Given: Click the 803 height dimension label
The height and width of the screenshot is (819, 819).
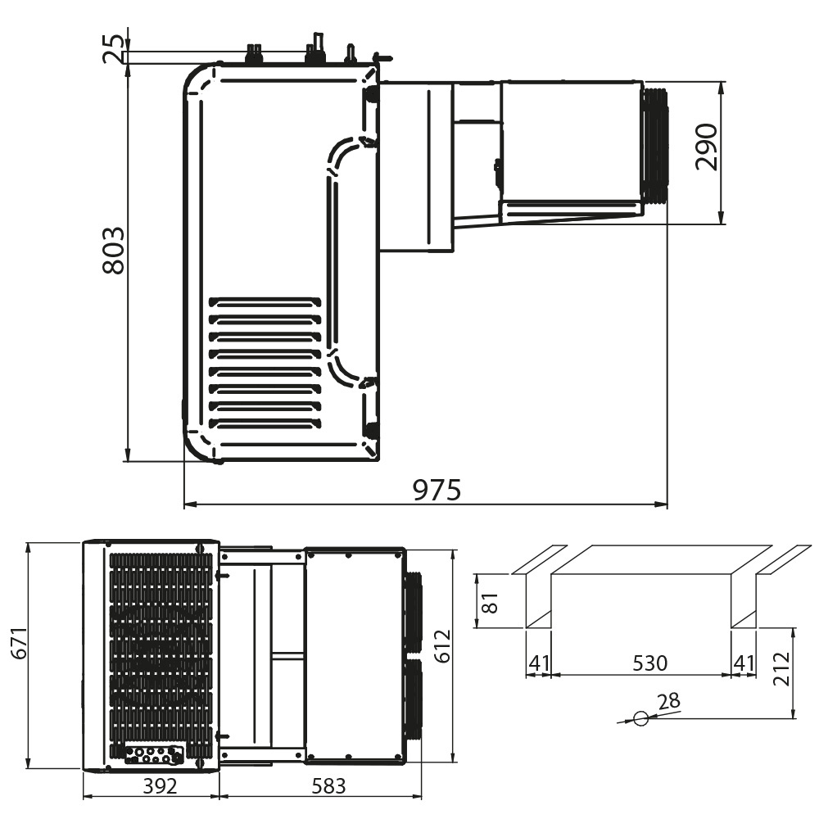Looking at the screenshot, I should coord(114,251).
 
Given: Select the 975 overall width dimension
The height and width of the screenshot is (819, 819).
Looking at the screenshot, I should coord(437,490).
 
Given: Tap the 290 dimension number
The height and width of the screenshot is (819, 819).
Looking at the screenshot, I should coord(705,147).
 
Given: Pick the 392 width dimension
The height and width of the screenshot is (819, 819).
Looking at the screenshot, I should coord(160,786).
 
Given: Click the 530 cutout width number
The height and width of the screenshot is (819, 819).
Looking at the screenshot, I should coord(649,663).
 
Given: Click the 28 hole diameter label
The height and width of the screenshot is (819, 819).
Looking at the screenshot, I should coord(668,700).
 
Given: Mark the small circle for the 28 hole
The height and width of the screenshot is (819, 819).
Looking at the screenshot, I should coord(640,719).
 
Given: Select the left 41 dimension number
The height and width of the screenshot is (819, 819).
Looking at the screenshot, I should coord(537,663).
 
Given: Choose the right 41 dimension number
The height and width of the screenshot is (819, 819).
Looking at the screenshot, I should coord(744,663).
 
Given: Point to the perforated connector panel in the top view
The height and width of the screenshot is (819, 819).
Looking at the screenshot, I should coord(153,755).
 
